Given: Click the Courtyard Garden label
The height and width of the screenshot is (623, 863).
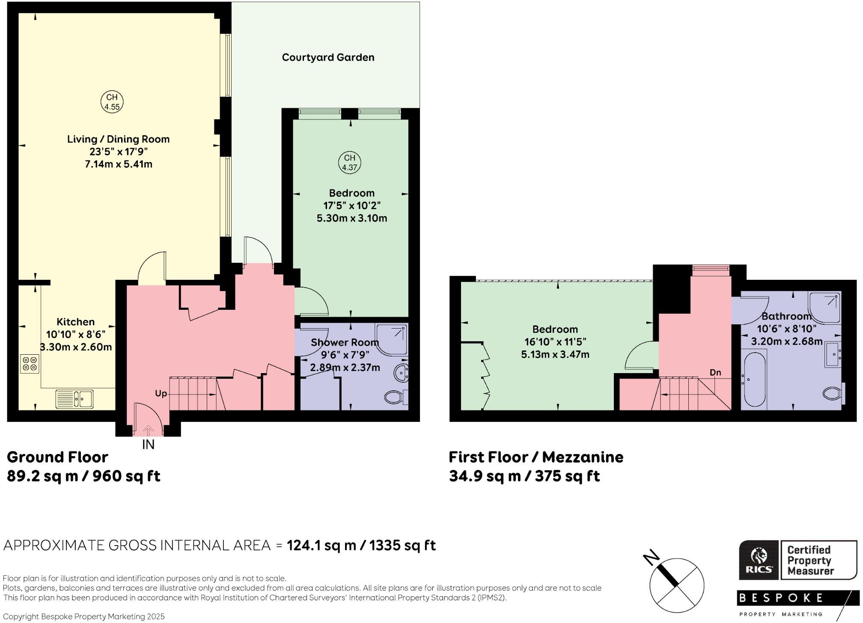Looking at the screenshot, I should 328,57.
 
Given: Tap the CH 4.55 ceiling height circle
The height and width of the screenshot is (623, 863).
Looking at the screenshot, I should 112,102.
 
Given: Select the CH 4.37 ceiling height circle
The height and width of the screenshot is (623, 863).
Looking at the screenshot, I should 349,163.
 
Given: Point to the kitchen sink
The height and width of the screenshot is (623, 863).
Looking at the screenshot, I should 74,399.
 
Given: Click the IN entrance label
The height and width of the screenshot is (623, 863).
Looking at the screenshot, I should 148,445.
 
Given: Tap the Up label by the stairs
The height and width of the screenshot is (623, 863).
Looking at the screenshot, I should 161,393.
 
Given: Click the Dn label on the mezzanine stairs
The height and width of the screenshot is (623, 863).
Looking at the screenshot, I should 715,372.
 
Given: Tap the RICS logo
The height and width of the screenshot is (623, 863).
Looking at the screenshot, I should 759,560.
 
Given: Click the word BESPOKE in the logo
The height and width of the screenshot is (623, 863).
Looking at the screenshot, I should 781,598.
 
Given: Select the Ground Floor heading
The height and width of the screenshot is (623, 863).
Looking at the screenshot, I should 57,457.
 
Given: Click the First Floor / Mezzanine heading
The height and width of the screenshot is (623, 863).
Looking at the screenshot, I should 536,457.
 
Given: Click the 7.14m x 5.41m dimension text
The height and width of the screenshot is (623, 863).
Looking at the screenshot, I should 119,164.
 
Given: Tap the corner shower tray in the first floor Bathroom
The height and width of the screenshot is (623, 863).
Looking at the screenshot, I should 824,307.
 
